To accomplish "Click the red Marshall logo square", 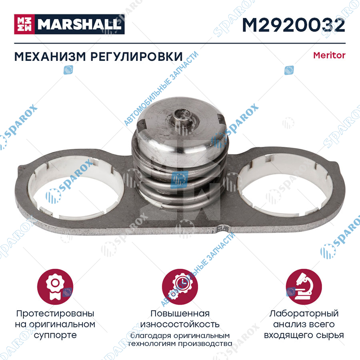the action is click(24, 24).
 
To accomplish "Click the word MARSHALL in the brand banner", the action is click(80, 24).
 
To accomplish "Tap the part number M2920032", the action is click(294, 25).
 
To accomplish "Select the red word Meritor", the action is click(329, 55).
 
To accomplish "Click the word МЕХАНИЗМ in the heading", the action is click(50, 57).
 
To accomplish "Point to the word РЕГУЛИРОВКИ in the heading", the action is click(137, 57).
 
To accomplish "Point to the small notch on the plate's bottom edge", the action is click(222, 228).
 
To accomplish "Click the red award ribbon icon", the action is click(55, 287).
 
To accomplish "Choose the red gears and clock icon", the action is click(180, 287).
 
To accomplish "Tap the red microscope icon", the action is click(304, 287).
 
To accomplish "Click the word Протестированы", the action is click(55, 314).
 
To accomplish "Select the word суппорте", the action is click(55, 336).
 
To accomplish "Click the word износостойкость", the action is click(180, 324).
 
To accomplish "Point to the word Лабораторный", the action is click(304, 314).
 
